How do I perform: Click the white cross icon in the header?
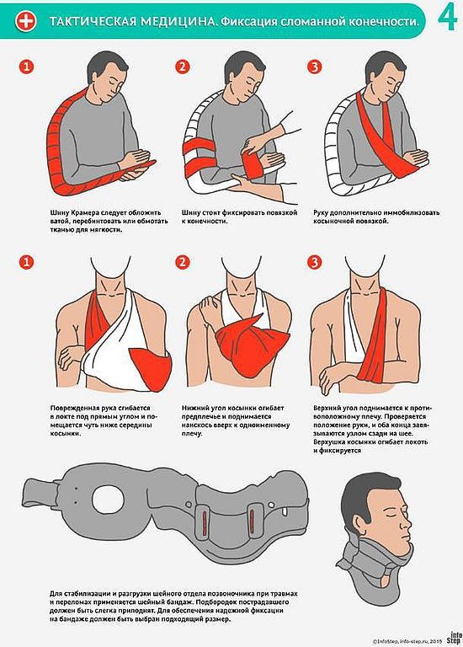[26, 21]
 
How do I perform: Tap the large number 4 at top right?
[447, 19]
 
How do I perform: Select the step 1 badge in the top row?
[26, 67]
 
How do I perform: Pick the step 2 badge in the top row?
[182, 67]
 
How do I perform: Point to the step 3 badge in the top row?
[315, 67]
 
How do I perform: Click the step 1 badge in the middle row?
[26, 262]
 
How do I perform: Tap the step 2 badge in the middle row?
[182, 262]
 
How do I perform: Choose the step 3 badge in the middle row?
[315, 262]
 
